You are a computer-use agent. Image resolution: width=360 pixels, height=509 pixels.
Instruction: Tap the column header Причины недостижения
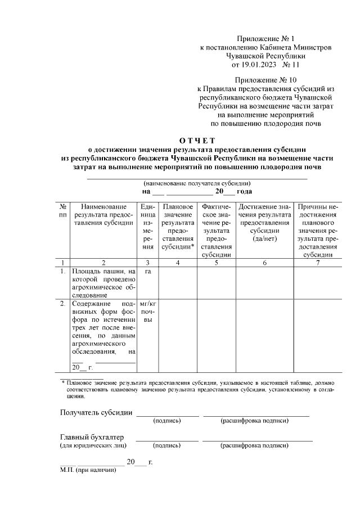pyautogui.click(x=317, y=230)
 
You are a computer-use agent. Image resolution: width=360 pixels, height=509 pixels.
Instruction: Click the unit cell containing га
pyautogui.click(x=148, y=271)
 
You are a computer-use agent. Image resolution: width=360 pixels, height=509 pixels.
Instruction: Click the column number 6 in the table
pyautogui.click(x=264, y=262)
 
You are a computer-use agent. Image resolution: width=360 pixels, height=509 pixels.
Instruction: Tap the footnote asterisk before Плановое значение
pyautogui.click(x=63, y=382)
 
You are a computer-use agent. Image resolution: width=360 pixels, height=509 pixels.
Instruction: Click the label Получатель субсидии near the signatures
pyautogui.click(x=96, y=412)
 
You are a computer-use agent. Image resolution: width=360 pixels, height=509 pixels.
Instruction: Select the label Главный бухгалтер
pyautogui.click(x=92, y=437)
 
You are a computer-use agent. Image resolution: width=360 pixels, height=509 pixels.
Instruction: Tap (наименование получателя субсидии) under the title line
pyautogui.click(x=196, y=183)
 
